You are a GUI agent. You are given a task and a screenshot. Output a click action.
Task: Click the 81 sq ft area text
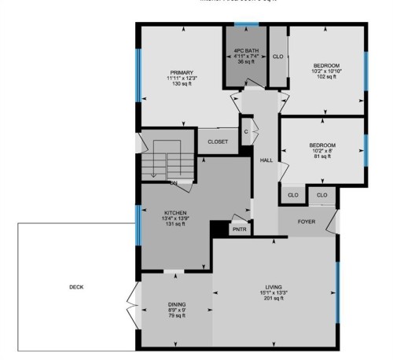pyautogui.click(x=322, y=156)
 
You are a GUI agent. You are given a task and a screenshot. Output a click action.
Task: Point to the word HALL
pyautogui.click(x=266, y=160)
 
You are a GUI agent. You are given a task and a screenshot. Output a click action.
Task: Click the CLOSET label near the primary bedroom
pyautogui.click(x=218, y=141)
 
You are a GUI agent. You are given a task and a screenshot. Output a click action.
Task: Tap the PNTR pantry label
pyautogui.click(x=239, y=230)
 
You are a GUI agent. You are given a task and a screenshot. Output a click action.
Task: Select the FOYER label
pyautogui.click(x=306, y=222)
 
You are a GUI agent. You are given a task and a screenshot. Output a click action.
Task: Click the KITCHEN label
pyautogui.click(x=174, y=212)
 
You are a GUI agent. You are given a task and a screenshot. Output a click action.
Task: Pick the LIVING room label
pyautogui.click(x=273, y=287)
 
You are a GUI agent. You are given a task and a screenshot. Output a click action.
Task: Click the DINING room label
pyautogui.click(x=177, y=303)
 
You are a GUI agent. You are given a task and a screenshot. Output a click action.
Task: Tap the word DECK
pyautogui.click(x=76, y=287)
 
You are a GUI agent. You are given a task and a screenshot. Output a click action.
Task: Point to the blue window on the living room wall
pyautogui.click(x=339, y=291)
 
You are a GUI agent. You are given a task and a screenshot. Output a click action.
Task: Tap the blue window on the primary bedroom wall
pyautogui.click(x=138, y=75)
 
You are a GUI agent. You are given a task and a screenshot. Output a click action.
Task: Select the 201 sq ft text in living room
pyautogui.click(x=273, y=299)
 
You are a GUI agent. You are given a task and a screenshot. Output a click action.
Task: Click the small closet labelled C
pyautogui.click(x=247, y=131)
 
